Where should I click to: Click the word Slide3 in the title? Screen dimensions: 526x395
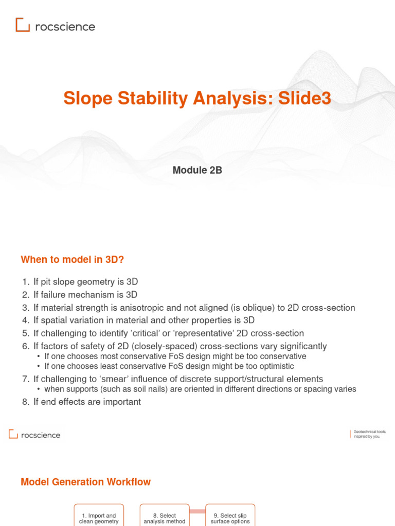[304, 98]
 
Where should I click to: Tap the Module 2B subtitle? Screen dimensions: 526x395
[197, 171]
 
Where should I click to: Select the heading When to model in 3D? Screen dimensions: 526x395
[73, 259]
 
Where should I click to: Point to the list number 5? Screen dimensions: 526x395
[25, 333]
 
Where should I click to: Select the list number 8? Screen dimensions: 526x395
[25, 402]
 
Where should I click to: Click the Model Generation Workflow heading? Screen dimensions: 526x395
[86, 482]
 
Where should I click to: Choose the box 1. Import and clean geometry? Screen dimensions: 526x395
[99, 517]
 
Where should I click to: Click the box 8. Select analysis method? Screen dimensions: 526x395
[164, 517]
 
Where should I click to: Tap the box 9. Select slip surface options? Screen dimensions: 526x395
[230, 517]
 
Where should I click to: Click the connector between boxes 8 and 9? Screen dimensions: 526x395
[197, 511]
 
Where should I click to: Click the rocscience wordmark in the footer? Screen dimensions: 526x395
[41, 435]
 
